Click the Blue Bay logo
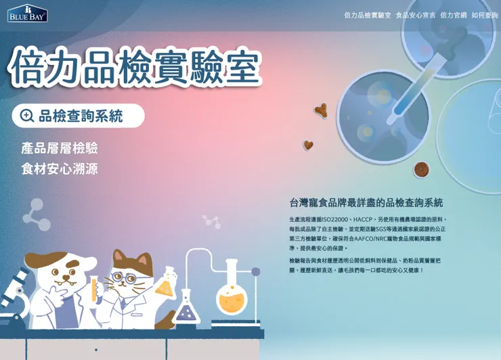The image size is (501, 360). tap(27, 14)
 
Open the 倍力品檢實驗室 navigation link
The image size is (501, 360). tap(367, 15)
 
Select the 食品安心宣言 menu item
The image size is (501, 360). tap(415, 15)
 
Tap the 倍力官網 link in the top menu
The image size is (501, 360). tap(453, 15)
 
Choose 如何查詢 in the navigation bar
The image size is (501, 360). tap(484, 15)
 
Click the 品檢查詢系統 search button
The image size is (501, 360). tap(78, 116)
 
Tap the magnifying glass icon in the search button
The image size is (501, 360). tap(27, 116)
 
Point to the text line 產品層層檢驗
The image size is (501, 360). tap(60, 148)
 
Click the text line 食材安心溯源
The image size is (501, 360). tap(60, 168)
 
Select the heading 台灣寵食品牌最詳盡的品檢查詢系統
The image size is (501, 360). tap(366, 202)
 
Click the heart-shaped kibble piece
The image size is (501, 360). tap(308, 145)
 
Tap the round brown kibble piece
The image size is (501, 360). tap(421, 169)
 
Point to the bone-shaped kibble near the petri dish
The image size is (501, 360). tap(321, 110)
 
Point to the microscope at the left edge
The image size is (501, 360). tap(14, 298)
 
